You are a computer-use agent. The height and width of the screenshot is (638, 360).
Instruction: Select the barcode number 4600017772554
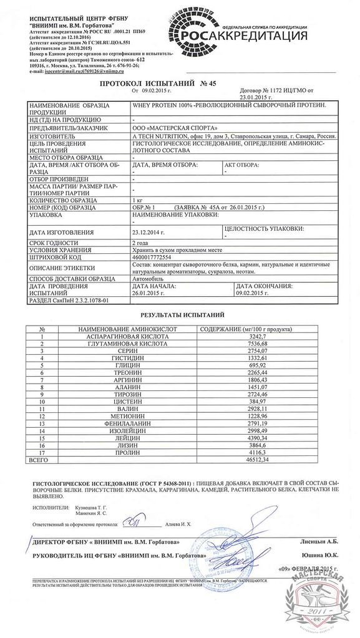[x=148, y=256]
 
